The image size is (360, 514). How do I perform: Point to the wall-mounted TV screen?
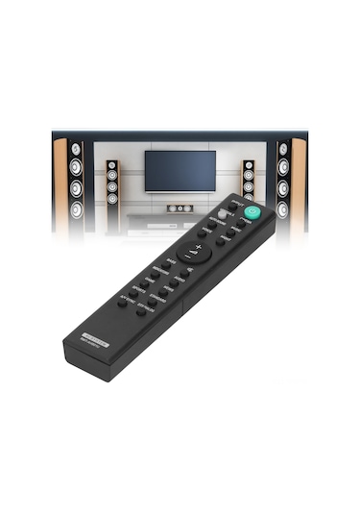[180, 170]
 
